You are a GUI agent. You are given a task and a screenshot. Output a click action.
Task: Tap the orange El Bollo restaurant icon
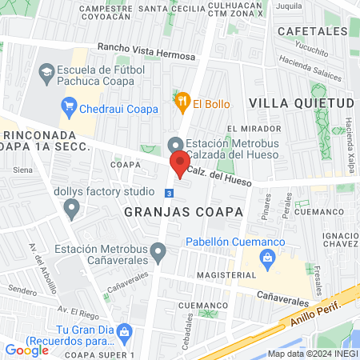click(182, 102)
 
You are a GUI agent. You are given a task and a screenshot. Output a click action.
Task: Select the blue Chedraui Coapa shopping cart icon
click(70, 105)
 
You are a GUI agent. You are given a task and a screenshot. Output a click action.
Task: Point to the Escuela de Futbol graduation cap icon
click(46, 74)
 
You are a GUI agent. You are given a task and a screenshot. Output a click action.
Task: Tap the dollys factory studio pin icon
click(72, 210)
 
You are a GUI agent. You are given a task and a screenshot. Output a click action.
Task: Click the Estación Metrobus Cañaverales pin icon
click(158, 254)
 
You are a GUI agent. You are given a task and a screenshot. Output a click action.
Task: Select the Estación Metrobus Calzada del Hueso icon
click(175, 145)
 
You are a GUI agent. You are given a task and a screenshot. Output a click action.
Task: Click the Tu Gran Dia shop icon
click(124, 330)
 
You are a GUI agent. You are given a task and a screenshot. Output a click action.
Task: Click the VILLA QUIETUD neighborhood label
click(301, 103)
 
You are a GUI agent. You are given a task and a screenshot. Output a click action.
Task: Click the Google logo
click(27, 350)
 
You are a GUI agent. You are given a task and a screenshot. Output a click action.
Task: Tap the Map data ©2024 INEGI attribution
click(312, 354)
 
